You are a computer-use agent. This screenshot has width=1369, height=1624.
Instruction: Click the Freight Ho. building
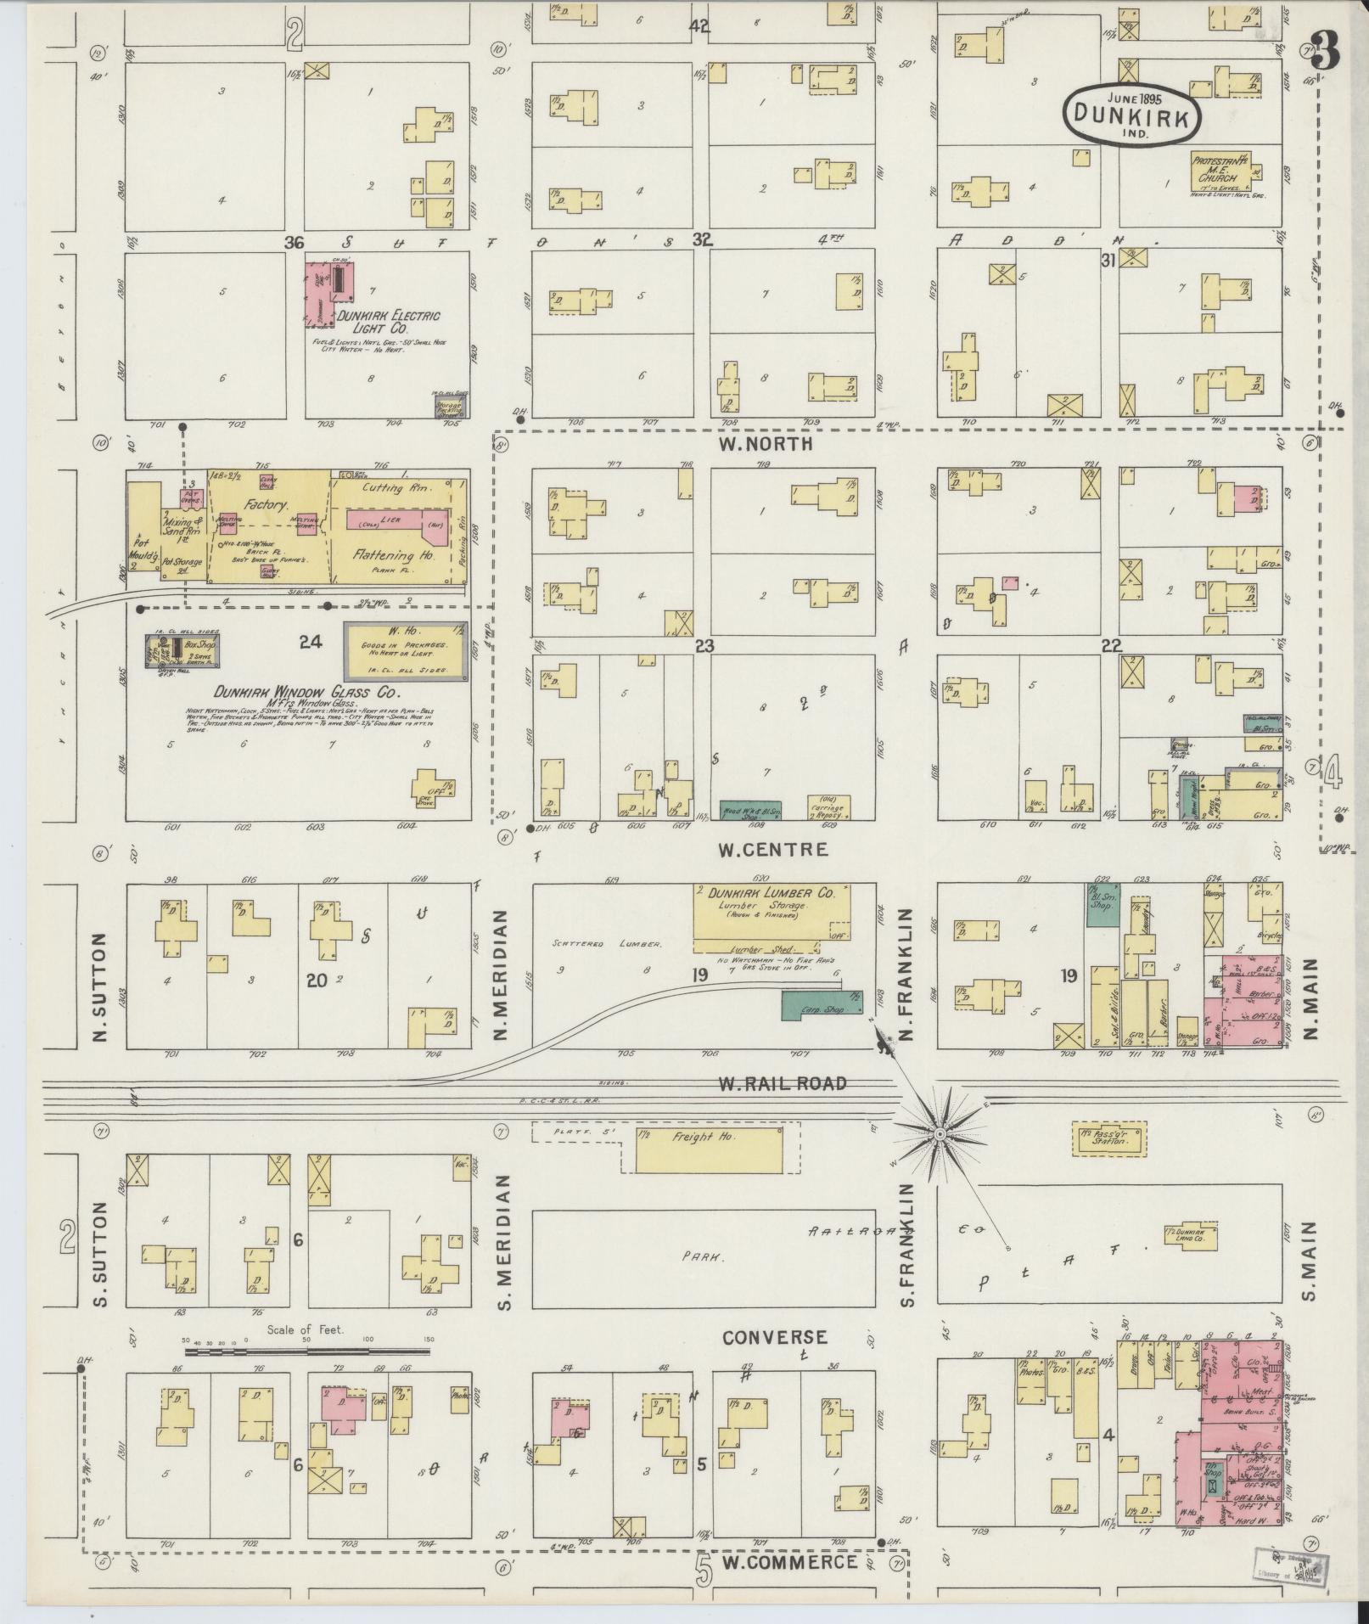point(710,1150)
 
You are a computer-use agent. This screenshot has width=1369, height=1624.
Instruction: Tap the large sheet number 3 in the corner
point(1325,51)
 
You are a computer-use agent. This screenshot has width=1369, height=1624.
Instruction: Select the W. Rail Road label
point(782,1083)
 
